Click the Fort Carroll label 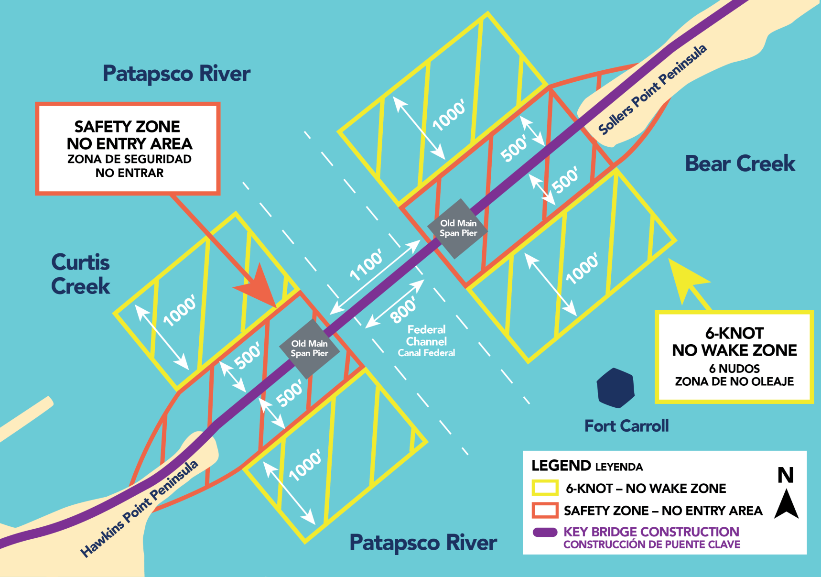(627, 425)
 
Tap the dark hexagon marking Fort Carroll (616, 388)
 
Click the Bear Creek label (740, 163)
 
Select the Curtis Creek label (80, 274)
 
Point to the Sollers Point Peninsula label (652, 90)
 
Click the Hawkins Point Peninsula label (139, 509)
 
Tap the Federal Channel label (426, 341)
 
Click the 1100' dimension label (366, 265)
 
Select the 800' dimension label (403, 309)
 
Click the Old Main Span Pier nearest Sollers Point (458, 229)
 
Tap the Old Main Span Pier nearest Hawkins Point (310, 348)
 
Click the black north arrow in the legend (786, 504)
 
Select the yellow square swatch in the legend (545, 488)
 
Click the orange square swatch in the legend (545, 510)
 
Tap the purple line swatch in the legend (545, 532)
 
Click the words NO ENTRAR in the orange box (130, 173)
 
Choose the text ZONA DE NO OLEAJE (734, 381)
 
